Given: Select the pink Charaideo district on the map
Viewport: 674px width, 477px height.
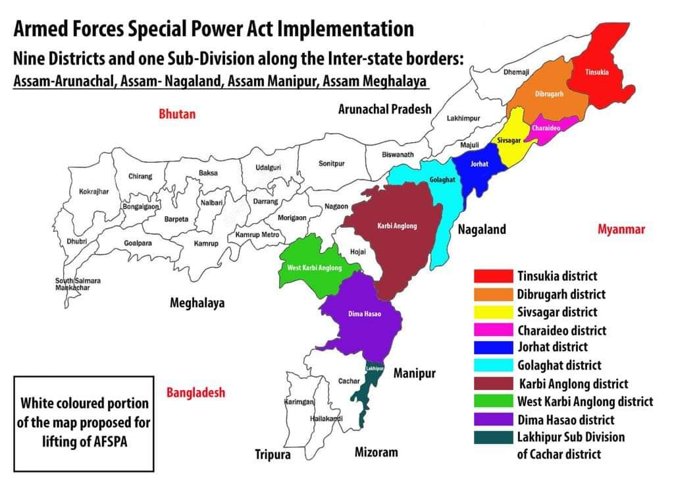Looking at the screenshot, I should click(x=547, y=128).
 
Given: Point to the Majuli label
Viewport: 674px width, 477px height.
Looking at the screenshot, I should click(x=469, y=144).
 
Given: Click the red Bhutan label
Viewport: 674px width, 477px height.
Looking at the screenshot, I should click(x=177, y=114).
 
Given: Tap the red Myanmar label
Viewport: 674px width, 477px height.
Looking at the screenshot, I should click(x=621, y=229).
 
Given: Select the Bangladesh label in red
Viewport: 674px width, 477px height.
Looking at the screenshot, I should click(x=195, y=393).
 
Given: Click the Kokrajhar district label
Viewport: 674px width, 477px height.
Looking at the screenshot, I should click(x=93, y=192).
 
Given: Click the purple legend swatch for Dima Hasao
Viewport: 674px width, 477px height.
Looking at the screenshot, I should click(x=493, y=420).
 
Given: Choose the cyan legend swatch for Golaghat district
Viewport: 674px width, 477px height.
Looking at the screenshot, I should click(x=493, y=365).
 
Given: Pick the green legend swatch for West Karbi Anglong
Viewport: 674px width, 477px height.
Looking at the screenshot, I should click(x=493, y=401).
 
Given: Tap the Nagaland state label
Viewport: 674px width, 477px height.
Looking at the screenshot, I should click(x=482, y=229).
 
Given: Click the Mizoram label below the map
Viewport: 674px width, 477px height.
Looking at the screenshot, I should click(x=376, y=452).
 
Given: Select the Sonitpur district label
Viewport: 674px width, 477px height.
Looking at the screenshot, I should click(x=332, y=163).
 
